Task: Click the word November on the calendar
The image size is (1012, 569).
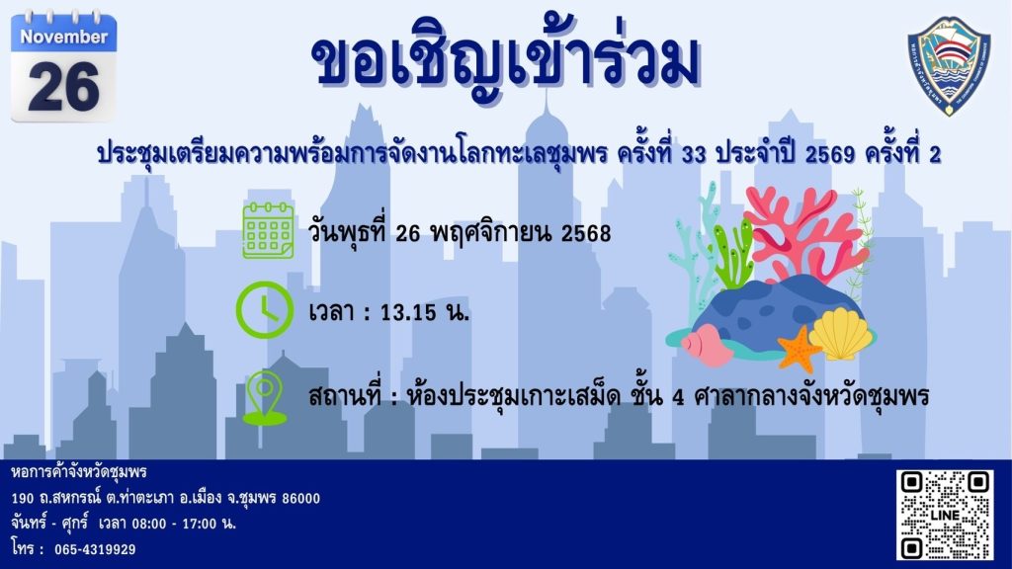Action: tap(64, 37)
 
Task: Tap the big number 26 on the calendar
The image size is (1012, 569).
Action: tap(64, 87)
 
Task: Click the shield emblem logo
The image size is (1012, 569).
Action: tap(949, 66)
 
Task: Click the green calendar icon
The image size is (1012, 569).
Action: tap(269, 230)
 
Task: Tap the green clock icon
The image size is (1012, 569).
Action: tap(265, 310)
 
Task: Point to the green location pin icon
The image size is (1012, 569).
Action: tap(264, 398)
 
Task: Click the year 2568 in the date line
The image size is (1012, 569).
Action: tap(586, 233)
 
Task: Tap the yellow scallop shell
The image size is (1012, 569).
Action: tap(840, 334)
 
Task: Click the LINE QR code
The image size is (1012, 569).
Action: tap(944, 514)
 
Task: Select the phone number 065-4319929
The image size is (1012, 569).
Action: tap(95, 549)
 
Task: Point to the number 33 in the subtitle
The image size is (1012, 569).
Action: tap(694, 155)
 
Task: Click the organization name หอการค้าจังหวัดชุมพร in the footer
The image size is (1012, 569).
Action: tap(79, 472)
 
